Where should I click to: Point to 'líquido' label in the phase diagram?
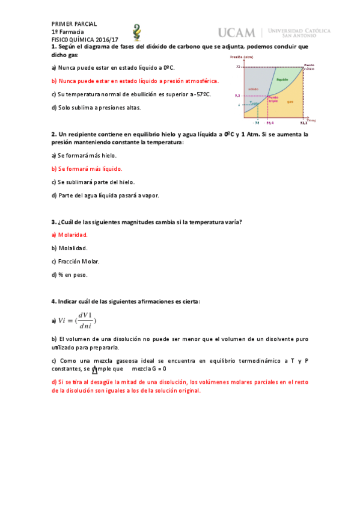point(282,79)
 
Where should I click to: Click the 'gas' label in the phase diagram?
point(290,102)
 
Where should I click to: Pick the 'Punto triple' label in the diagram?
point(273,99)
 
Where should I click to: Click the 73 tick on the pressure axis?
point(238,67)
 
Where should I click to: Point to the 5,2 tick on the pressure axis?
point(237,96)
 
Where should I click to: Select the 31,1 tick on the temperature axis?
point(304,122)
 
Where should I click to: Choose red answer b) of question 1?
point(135,81)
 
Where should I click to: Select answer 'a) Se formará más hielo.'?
point(84,155)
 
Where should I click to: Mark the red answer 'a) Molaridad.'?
point(70,235)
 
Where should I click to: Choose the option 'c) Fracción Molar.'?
point(75,262)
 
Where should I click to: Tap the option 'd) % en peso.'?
point(69,275)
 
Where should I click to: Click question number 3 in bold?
point(53,221)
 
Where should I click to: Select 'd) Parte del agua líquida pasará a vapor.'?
point(105,195)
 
